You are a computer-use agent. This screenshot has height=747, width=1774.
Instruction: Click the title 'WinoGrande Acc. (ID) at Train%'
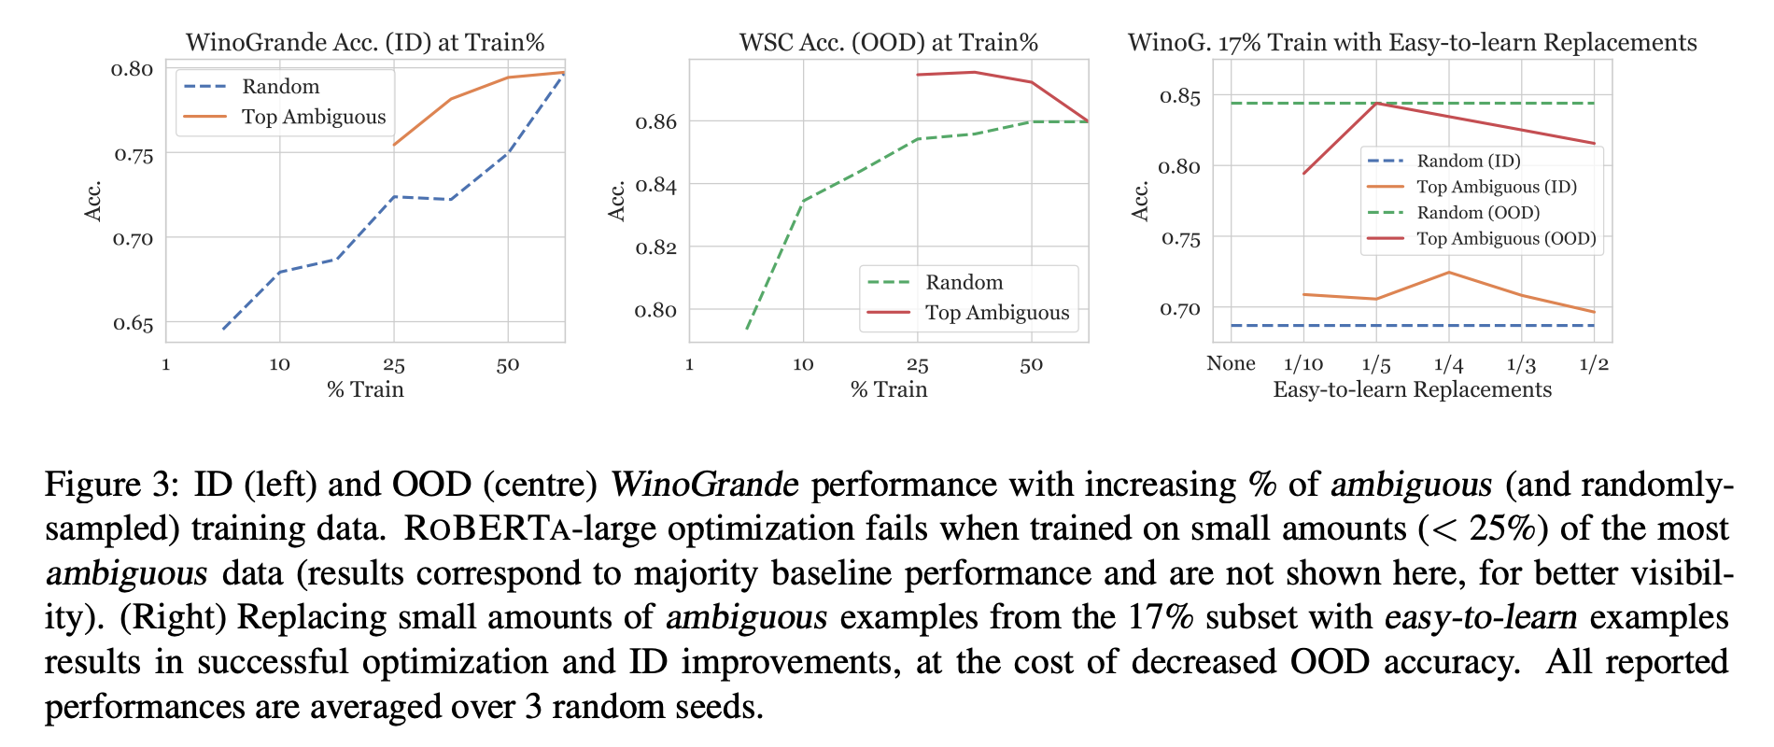click(365, 43)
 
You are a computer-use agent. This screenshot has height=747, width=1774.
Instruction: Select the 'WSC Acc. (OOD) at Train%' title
click(888, 43)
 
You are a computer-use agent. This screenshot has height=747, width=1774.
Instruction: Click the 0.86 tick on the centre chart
click(655, 122)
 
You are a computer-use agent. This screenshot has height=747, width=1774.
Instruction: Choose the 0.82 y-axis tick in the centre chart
click(655, 247)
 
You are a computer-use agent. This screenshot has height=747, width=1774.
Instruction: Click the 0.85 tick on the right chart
click(1181, 96)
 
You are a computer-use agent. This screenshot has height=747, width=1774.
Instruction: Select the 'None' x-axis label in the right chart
click(1231, 363)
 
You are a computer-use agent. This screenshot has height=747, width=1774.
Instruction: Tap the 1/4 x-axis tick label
click(1448, 364)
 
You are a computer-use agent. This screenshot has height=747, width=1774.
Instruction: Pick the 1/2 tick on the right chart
click(1594, 364)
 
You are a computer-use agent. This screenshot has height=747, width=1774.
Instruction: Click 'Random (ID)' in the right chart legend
click(1468, 162)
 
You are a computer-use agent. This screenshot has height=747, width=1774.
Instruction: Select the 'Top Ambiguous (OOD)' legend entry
click(1506, 239)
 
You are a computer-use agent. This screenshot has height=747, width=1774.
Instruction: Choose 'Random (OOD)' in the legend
click(1478, 213)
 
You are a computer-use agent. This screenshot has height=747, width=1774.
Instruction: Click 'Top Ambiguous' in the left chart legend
click(314, 118)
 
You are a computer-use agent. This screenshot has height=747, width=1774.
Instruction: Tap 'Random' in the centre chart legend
click(964, 283)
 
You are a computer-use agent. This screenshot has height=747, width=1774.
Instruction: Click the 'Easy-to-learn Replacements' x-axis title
click(1412, 390)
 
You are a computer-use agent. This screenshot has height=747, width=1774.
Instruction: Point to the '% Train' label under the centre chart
click(889, 390)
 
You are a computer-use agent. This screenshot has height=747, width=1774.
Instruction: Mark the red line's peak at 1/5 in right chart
click(1376, 103)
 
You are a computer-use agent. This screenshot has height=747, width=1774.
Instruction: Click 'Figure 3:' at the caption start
click(111, 486)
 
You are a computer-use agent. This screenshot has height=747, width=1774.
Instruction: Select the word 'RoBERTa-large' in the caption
click(529, 529)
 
